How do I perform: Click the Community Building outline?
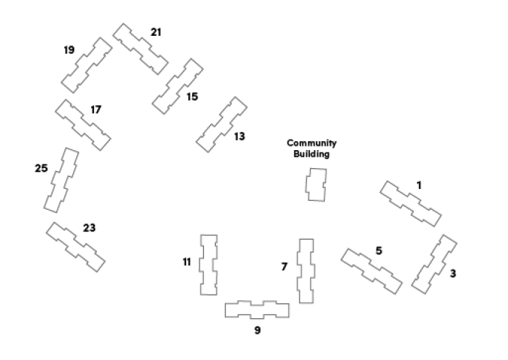point(317,184)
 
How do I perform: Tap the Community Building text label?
point(312,149)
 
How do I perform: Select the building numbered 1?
point(410,203)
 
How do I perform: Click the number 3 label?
point(453,273)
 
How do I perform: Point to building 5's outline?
point(371,271)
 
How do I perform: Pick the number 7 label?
point(284,267)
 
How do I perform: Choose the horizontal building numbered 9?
point(257,310)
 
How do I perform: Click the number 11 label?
point(187,262)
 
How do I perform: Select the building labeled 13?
point(222,124)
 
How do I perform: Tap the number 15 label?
point(192,97)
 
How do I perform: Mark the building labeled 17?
point(83,124)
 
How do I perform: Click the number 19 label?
point(69,50)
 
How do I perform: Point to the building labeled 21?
point(140,49)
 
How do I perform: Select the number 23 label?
point(89,228)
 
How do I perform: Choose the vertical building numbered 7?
point(306,270)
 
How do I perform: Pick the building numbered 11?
point(208,264)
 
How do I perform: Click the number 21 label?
point(155,32)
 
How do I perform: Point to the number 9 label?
point(257,330)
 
